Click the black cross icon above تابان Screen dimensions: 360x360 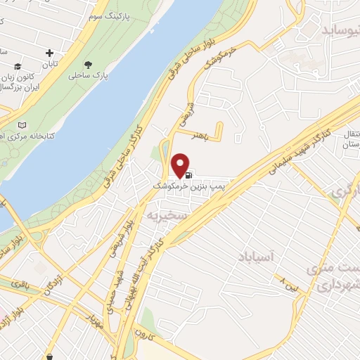(x=49, y=53)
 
